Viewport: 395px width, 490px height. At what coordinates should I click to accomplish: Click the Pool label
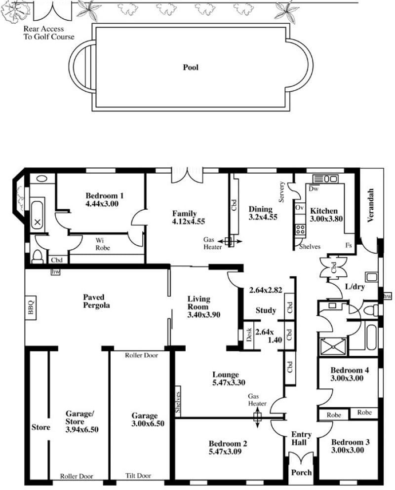[x=191, y=67]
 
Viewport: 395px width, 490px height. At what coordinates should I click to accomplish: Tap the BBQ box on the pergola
[x=31, y=308]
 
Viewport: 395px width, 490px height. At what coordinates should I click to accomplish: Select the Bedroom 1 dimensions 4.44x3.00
[x=102, y=204]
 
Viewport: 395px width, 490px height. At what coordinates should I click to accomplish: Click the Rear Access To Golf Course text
[x=49, y=33]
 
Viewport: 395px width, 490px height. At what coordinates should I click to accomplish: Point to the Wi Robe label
[x=103, y=244]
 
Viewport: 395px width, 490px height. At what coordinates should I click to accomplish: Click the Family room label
[x=184, y=214]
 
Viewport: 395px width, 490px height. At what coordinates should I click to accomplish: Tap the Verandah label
[x=371, y=205]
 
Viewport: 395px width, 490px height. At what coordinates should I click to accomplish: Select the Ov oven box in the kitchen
[x=299, y=208]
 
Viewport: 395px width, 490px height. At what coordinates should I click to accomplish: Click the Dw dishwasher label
[x=314, y=189]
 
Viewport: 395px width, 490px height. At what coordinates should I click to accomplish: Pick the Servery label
[x=281, y=192]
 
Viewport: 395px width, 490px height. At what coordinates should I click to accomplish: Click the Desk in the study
[x=249, y=335]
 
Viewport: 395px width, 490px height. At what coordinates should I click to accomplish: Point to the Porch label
[x=301, y=472]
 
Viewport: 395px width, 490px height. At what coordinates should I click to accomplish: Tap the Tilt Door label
[x=138, y=476]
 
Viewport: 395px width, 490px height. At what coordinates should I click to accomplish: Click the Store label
[x=40, y=427]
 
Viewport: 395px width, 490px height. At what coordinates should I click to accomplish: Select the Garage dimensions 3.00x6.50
[x=148, y=424]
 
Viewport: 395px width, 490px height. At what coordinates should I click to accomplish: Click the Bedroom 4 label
[x=350, y=370]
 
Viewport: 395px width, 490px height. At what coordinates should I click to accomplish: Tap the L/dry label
[x=355, y=287]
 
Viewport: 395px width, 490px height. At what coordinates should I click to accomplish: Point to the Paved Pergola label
[x=96, y=301]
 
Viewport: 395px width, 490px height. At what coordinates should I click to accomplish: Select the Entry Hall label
[x=302, y=439]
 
